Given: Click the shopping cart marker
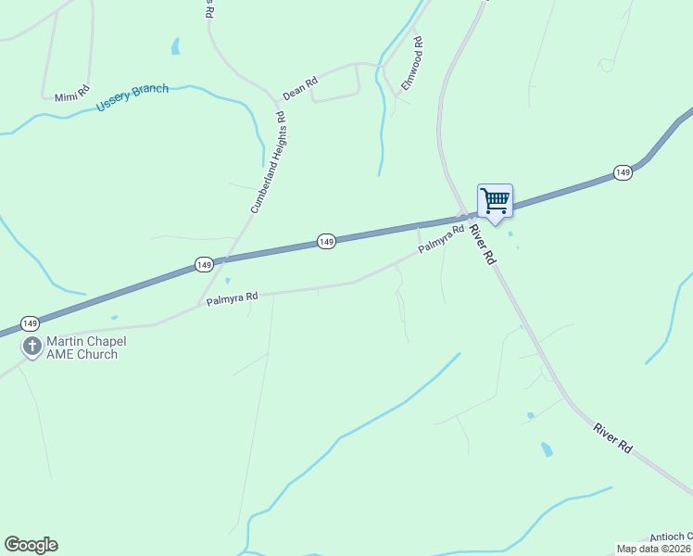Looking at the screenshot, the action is (x=495, y=200).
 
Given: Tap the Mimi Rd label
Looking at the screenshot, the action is (x=71, y=95).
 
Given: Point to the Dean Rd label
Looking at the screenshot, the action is (x=300, y=88).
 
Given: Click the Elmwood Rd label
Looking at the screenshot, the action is (x=412, y=63).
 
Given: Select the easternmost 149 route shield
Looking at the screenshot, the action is (x=623, y=173).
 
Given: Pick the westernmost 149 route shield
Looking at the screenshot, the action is (x=30, y=323).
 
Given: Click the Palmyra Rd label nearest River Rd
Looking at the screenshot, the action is (x=440, y=239).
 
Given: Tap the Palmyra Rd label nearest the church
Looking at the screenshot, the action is (x=232, y=298).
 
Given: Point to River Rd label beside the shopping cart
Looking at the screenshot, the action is (x=482, y=246).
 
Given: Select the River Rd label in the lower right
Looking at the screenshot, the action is (x=613, y=437).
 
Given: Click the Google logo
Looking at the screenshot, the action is (x=31, y=545).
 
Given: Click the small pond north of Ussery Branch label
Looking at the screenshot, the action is (x=175, y=46).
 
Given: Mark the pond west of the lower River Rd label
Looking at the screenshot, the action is (x=547, y=449).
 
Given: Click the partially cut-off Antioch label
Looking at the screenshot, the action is (x=670, y=537).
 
